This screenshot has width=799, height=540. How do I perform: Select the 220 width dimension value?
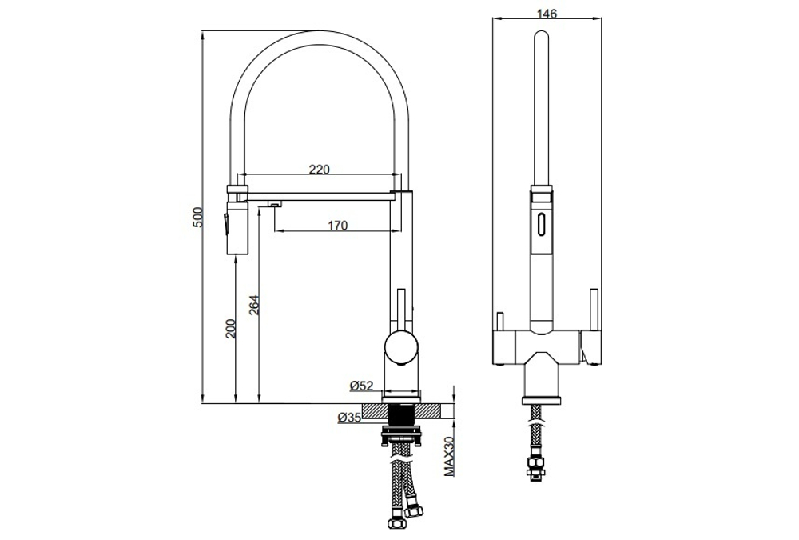[x=319, y=169]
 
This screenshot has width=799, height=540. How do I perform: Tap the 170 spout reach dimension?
[x=337, y=226]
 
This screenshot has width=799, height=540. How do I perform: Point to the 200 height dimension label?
[x=231, y=328]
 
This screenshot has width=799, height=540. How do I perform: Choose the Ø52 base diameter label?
[x=362, y=386]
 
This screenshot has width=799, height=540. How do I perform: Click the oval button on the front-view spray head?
[x=541, y=224]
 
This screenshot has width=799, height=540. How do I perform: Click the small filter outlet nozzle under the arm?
[x=274, y=206]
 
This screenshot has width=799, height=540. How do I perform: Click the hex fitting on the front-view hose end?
[x=533, y=468]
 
